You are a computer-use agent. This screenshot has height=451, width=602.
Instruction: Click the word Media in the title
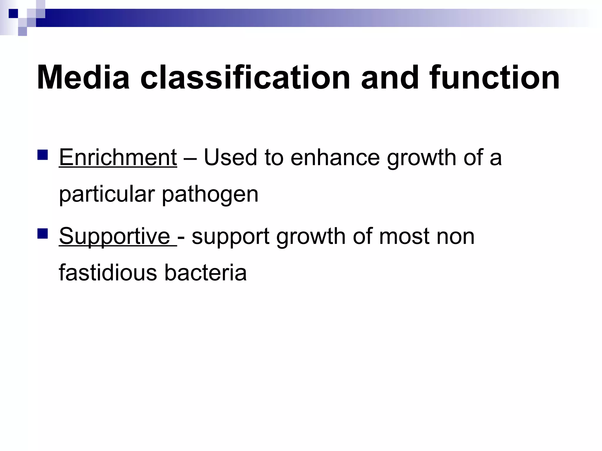click(x=83, y=78)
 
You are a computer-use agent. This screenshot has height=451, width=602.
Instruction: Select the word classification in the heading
click(x=245, y=78)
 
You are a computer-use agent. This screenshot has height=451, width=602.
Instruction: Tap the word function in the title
click(x=494, y=78)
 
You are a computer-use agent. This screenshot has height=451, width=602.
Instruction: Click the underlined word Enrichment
click(x=118, y=158)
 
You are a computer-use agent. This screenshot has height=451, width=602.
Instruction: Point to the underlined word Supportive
click(x=115, y=236)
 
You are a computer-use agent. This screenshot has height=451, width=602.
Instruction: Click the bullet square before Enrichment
click(x=43, y=154)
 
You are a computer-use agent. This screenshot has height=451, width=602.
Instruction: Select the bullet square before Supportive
click(x=43, y=233)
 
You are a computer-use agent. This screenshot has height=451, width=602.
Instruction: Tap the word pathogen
click(x=210, y=195)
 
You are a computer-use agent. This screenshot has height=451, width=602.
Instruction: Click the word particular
click(x=107, y=195)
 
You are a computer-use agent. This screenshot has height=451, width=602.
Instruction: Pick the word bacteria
click(x=205, y=273)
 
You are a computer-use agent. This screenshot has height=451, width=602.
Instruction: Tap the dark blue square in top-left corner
click(x=13, y=14)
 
